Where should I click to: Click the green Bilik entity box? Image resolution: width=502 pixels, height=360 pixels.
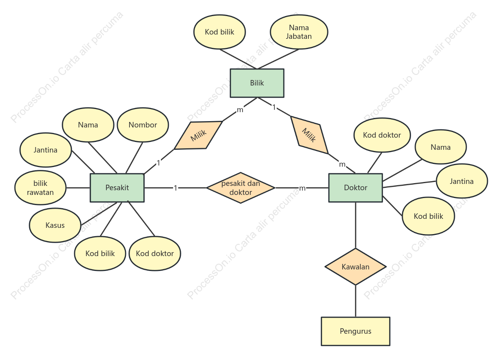[257, 83]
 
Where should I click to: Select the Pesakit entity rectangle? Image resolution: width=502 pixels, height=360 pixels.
[117, 187]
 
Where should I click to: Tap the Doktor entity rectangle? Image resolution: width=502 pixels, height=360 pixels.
[356, 187]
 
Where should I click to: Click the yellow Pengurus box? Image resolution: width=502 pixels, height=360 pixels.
[356, 331]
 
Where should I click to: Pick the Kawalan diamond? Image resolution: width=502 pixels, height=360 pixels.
[356, 267]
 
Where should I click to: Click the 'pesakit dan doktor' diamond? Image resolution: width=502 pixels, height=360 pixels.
[241, 188]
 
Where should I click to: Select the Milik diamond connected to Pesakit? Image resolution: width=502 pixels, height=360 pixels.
[198, 135]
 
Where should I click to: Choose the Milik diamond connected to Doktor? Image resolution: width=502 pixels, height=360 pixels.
[309, 135]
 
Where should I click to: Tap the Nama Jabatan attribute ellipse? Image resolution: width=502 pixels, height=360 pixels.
[299, 32]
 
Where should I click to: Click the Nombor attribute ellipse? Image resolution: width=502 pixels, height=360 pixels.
[143, 125]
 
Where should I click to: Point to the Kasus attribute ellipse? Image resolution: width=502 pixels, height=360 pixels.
[55, 225]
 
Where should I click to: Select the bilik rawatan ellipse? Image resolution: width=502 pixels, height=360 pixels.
[40, 188]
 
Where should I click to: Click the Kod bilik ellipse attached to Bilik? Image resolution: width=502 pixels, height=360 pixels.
[220, 32]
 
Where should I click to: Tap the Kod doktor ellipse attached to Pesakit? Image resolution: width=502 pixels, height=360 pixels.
[155, 253]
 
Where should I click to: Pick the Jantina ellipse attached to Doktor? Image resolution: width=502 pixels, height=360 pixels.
[462, 181]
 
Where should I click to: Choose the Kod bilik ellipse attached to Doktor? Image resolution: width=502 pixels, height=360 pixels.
[429, 216]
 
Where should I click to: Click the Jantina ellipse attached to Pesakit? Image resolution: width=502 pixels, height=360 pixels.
[46, 150]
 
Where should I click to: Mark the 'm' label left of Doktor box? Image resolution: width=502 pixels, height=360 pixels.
[302, 188]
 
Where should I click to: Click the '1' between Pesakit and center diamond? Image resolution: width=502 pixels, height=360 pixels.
[175, 188]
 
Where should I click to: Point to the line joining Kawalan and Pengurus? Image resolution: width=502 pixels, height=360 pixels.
[356, 301]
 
